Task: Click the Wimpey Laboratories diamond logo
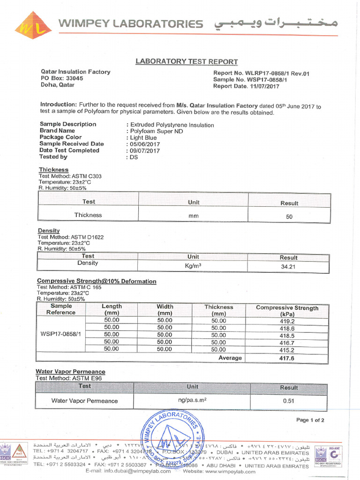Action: [x=33, y=25]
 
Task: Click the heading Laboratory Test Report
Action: [x=187, y=61]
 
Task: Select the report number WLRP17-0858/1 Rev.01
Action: [x=261, y=73]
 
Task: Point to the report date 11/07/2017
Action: [x=264, y=86]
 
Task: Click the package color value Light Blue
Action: [x=143, y=138]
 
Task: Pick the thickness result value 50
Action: [x=289, y=217]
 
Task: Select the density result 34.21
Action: [x=289, y=266]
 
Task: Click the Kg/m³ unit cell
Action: [x=193, y=265]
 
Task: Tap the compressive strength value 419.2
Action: [x=287, y=322]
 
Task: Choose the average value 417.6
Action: [x=287, y=358]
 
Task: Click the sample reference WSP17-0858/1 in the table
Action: [x=61, y=334]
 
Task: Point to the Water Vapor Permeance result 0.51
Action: [x=288, y=401]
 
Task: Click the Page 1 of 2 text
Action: [x=310, y=420]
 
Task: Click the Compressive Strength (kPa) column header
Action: [x=287, y=311]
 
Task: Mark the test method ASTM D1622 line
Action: [x=71, y=237]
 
